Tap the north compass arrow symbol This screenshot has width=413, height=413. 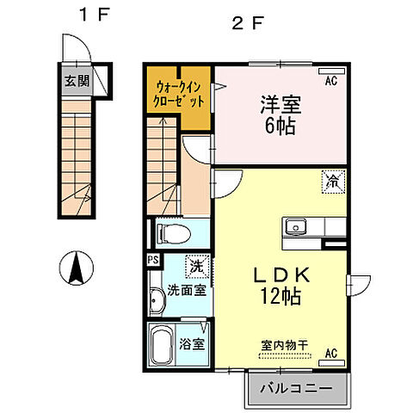pos(77,268)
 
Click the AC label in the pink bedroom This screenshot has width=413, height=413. pos(330,82)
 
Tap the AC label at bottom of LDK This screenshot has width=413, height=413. pos(330,354)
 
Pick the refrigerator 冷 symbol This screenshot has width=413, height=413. pos(331,181)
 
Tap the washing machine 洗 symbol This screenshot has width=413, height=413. pos(196,268)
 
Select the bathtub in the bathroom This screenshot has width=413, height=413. pos(162,346)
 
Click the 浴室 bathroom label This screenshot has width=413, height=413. pos(192,345)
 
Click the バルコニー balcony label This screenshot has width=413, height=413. pos(296,389)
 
